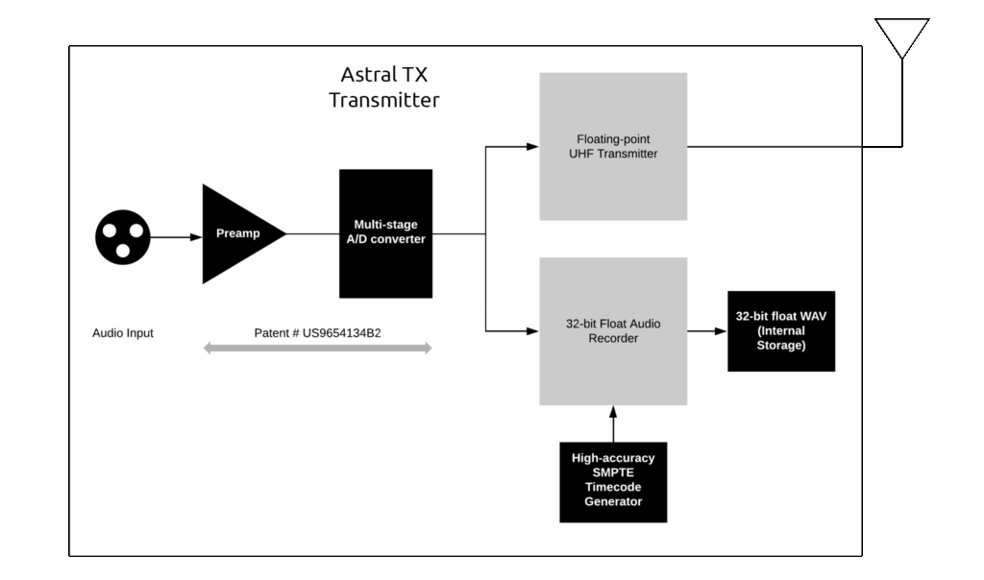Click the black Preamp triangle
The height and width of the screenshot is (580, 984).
pyautogui.click(x=235, y=234)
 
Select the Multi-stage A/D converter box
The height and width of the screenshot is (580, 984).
pyautogui.click(x=386, y=233)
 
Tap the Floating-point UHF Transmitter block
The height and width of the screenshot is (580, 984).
pyautogui.click(x=613, y=147)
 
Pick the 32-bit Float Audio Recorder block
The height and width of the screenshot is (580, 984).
pyautogui.click(x=613, y=331)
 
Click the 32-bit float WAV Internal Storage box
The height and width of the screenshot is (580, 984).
pyautogui.click(x=781, y=331)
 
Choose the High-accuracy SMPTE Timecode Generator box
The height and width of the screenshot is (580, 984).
pyautogui.click(x=613, y=482)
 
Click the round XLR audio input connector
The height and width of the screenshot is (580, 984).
pyautogui.click(x=123, y=237)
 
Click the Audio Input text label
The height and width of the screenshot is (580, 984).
pyautogui.click(x=123, y=333)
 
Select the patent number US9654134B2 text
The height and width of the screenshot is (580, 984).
pyautogui.click(x=317, y=333)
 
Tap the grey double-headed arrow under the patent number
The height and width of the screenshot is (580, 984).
pyautogui.click(x=317, y=348)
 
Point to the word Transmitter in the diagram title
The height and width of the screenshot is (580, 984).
pyautogui.click(x=384, y=100)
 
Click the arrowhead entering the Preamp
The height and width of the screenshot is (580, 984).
pyautogui.click(x=196, y=237)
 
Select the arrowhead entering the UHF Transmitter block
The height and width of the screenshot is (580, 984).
pyautogui.click(x=532, y=147)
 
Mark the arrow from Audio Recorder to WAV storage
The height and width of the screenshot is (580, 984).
pyautogui.click(x=707, y=331)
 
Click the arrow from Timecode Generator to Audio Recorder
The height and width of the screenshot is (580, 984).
pyautogui.click(x=613, y=423)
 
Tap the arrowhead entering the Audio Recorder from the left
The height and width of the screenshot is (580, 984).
pyautogui.click(x=532, y=331)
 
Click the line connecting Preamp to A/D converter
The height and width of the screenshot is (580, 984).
pyautogui.click(x=313, y=234)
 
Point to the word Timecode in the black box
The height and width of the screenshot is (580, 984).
pyautogui.click(x=613, y=487)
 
